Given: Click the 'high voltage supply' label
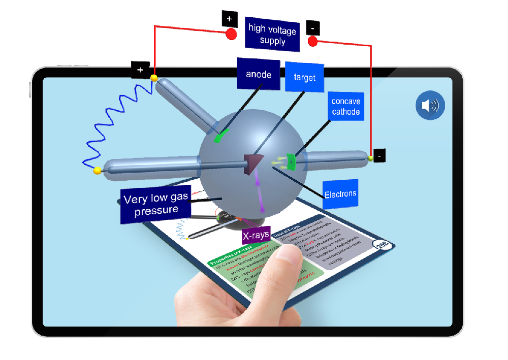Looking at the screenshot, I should click(272, 35).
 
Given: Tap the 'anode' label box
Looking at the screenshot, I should click(259, 74).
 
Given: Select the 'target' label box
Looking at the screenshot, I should click(304, 77).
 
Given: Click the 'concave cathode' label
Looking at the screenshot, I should click(345, 106).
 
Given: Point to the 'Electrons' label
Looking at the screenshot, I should click(340, 193).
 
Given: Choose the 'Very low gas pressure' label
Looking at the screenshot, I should click(155, 205).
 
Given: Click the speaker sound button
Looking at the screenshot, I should click(430, 106).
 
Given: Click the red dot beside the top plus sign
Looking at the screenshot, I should click(231, 35).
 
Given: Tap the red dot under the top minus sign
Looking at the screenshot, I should click(313, 41).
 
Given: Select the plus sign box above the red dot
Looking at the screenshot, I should click(229, 19).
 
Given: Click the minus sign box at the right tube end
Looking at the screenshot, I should click(379, 155).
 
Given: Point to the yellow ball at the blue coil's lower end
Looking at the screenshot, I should click(97, 171).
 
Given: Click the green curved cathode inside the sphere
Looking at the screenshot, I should click(291, 161).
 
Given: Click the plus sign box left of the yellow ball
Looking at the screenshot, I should click(140, 70).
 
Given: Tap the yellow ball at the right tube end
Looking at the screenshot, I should click(371, 159).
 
